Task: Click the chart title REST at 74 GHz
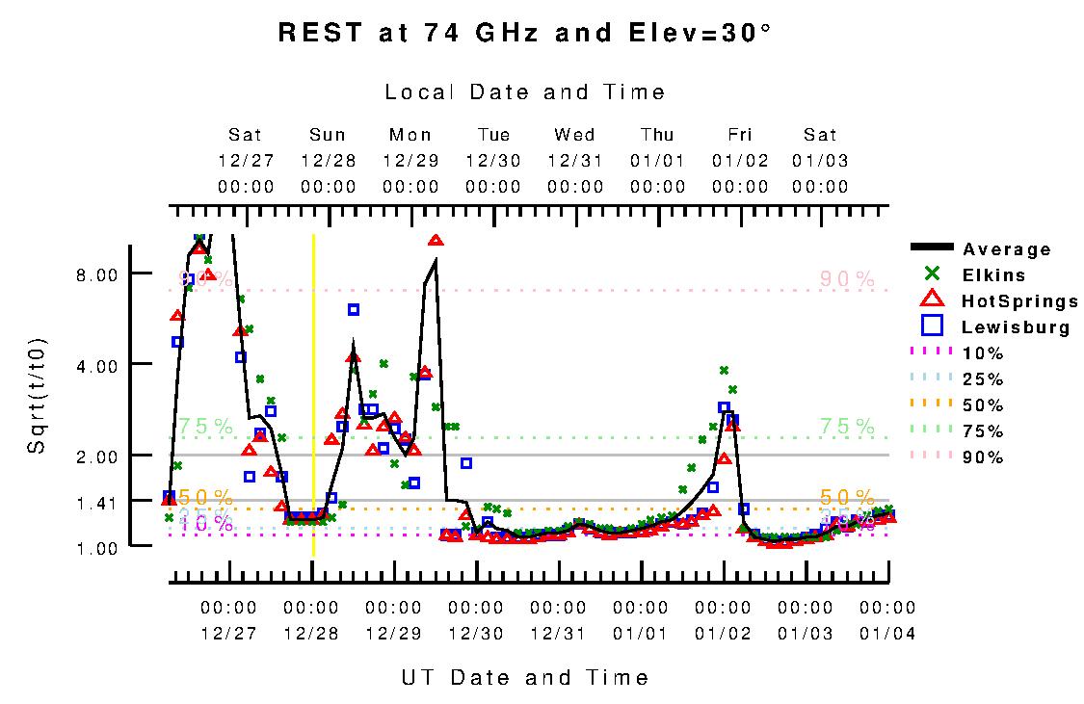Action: (525, 33)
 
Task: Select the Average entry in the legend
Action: (1006, 250)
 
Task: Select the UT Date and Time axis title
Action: (525, 678)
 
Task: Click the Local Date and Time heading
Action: (525, 92)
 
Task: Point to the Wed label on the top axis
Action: (575, 135)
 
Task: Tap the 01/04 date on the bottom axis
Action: (887, 634)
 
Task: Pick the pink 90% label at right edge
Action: (847, 280)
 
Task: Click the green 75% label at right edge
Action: (847, 427)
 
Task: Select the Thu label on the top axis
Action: (658, 135)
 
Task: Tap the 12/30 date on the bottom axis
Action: (476, 634)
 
